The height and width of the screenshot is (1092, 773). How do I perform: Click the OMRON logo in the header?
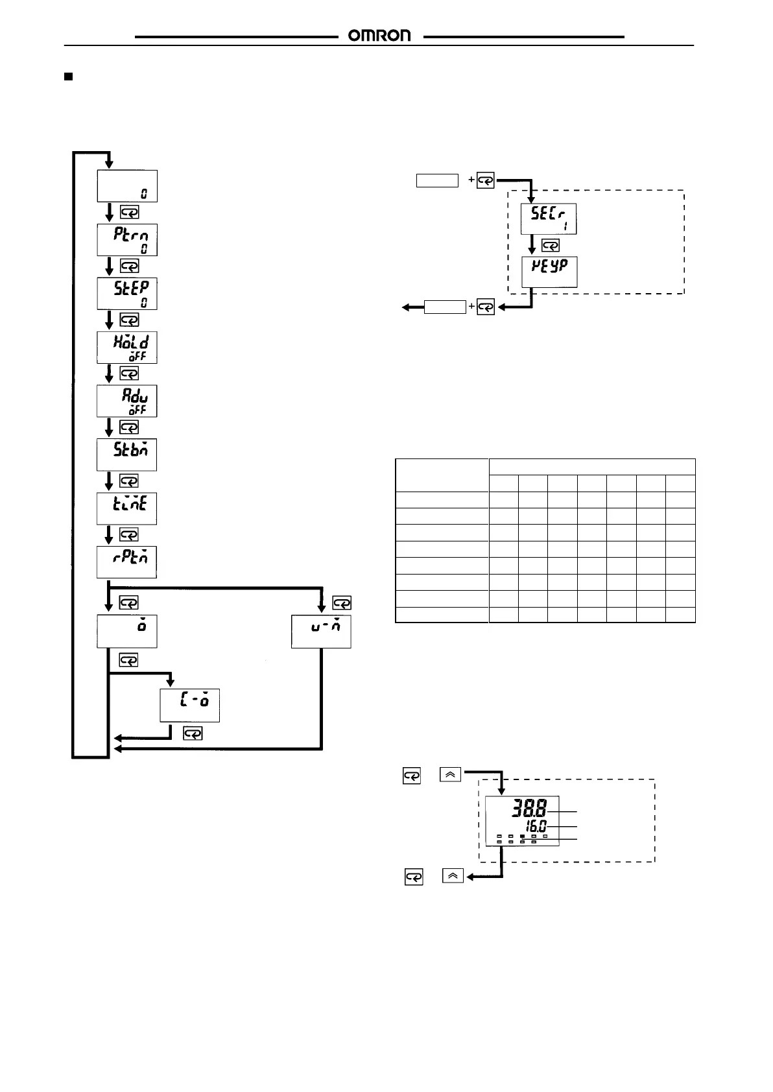point(379,36)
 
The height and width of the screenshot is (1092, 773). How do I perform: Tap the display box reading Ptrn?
point(127,240)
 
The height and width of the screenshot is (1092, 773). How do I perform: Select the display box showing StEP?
point(127,294)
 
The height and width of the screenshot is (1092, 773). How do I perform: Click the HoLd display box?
point(127,348)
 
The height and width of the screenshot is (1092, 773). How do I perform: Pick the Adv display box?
point(127,401)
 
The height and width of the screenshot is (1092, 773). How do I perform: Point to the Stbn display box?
point(127,455)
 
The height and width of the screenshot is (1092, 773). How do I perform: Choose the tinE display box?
point(127,508)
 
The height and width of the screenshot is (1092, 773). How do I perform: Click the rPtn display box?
point(127,562)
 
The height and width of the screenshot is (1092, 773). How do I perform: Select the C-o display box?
point(190,706)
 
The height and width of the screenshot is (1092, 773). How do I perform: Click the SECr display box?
point(549,219)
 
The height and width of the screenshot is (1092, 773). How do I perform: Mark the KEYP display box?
point(549,272)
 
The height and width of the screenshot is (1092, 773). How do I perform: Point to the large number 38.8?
point(529,808)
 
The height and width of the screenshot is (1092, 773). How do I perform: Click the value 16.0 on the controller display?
point(536,826)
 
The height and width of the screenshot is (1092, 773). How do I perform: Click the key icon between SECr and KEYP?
point(551,246)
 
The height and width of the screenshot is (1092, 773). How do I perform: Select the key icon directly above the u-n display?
point(341,603)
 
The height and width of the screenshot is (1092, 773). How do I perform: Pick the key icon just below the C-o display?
point(193,733)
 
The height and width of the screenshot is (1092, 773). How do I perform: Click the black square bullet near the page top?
point(67,77)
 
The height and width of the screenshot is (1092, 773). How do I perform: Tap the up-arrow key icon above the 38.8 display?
point(451,774)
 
